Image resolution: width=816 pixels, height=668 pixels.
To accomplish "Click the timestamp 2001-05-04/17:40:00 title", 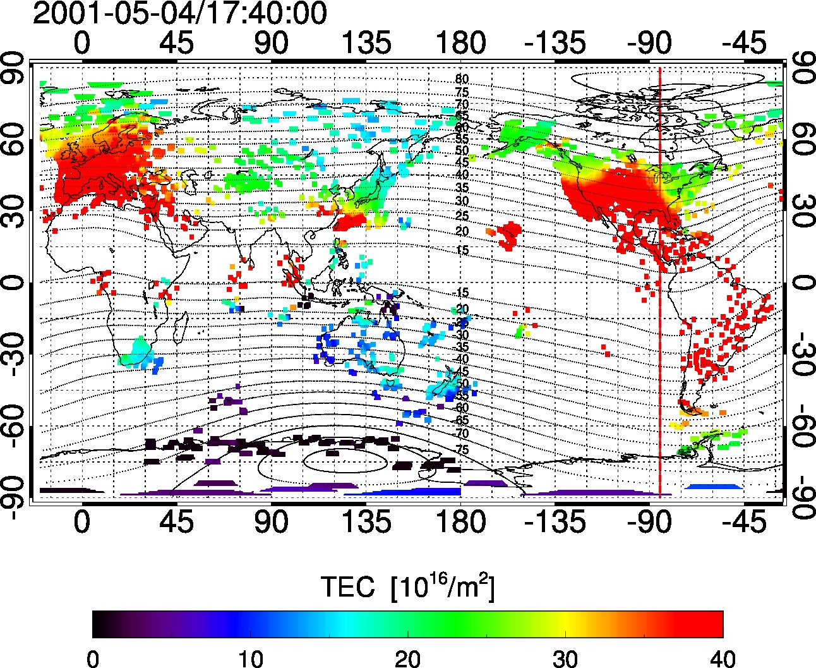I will tap(179, 13).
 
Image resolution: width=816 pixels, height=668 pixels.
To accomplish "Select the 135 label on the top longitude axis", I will tap(366, 43).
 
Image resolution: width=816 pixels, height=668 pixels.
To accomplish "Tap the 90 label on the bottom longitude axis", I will tap(272, 523).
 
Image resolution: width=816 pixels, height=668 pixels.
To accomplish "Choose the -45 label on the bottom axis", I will tap(744, 523).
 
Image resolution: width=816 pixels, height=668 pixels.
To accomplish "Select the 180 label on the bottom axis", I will tap(460, 523).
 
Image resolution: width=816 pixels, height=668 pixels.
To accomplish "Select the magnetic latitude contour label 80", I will tap(462, 80).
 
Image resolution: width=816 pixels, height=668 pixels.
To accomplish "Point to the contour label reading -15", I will tap(462, 293).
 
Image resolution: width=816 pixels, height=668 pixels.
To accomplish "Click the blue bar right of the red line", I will tap(712, 486).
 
